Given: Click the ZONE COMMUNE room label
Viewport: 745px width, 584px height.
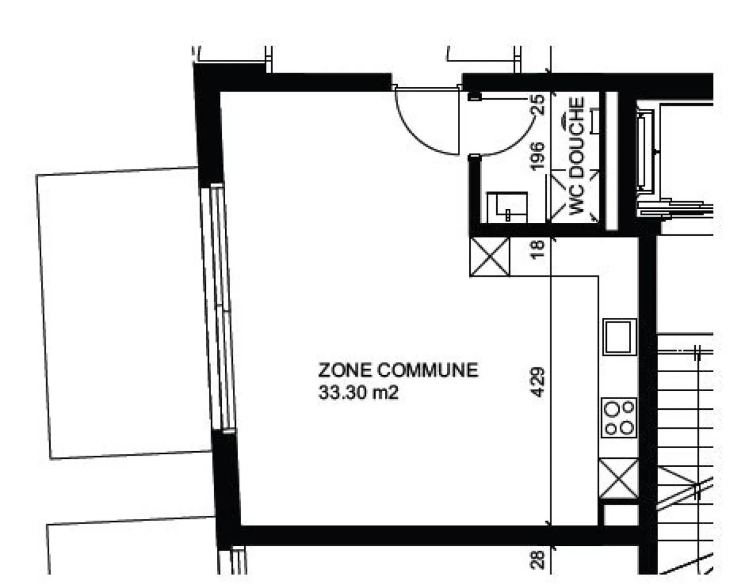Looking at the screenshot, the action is pyautogui.click(x=398, y=371).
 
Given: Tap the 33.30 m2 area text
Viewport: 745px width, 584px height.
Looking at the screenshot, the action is pyautogui.click(x=358, y=393).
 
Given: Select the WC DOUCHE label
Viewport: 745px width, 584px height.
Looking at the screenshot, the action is pyautogui.click(x=577, y=156).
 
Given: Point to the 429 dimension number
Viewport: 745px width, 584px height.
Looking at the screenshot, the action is pyautogui.click(x=537, y=382).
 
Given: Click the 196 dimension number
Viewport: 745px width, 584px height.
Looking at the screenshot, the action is pyautogui.click(x=537, y=156).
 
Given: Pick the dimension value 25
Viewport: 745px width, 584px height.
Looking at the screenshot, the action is pyautogui.click(x=537, y=104).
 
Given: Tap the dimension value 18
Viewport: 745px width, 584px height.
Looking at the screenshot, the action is pyautogui.click(x=537, y=250).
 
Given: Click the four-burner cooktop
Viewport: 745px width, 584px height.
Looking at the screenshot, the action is pyautogui.click(x=619, y=418).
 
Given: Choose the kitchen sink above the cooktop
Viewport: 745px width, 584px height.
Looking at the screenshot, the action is pyautogui.click(x=619, y=337).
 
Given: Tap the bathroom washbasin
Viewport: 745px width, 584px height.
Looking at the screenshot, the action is pyautogui.click(x=507, y=207).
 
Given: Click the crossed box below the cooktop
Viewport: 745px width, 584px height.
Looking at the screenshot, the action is pyautogui.click(x=618, y=479).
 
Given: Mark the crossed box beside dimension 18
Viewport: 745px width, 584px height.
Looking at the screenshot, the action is pyautogui.click(x=489, y=257).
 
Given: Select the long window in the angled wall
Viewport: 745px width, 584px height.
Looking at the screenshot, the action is pyautogui.click(x=218, y=308).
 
